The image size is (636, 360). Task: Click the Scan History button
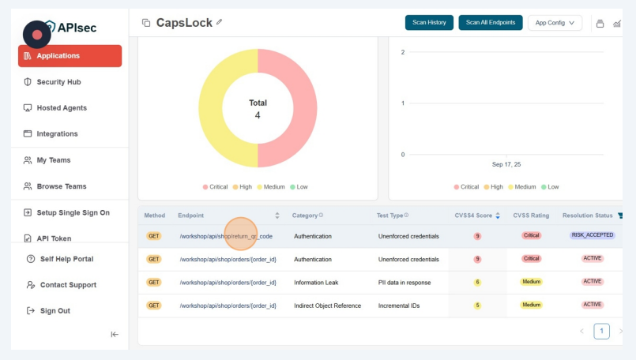pos(429,23)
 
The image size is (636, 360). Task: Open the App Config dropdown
pos(555,23)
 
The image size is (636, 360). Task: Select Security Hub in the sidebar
pos(58,82)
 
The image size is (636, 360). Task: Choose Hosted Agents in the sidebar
pos(62,108)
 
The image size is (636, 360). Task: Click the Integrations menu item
pos(57,134)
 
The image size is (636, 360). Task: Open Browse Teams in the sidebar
pos(62,186)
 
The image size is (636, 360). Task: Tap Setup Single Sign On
pos(73,212)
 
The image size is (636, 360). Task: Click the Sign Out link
pos(55,311)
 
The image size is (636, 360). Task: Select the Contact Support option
pos(68,285)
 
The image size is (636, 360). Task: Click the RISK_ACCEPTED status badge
pos(592,235)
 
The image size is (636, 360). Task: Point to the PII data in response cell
pos(407,282)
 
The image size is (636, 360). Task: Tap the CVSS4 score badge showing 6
pos(477,282)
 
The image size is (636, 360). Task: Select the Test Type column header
pos(391,216)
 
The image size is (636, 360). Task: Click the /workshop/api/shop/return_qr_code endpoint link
pos(226,236)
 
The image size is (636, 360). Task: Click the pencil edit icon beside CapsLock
pos(219,22)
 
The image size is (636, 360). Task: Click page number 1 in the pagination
pos(601,332)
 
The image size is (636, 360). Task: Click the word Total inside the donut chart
pos(258,103)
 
